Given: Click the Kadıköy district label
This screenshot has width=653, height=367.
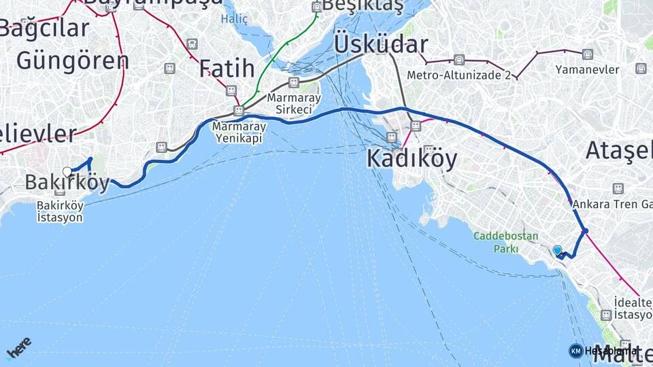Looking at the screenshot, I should (x=412, y=158).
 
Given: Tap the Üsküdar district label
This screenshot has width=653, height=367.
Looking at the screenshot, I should (x=381, y=45).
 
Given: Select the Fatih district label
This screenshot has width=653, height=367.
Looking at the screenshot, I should (x=227, y=69).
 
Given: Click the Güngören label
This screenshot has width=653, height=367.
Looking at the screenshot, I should (x=72, y=61).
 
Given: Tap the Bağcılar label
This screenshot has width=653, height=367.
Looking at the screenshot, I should (x=45, y=29).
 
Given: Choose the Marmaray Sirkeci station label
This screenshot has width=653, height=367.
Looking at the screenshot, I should (x=294, y=103).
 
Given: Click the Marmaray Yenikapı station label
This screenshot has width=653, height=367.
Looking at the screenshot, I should (x=238, y=132).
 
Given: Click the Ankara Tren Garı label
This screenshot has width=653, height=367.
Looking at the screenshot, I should (x=612, y=204).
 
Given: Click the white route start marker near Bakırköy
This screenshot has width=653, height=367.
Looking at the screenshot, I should (x=67, y=171).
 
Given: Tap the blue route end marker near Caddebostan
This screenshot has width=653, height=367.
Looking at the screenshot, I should (x=558, y=251).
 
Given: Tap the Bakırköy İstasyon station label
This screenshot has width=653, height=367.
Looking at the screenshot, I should (x=60, y=211).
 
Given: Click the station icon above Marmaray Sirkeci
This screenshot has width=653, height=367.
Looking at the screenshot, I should (x=293, y=82).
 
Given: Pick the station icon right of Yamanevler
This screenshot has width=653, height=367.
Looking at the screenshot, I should (x=640, y=68).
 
